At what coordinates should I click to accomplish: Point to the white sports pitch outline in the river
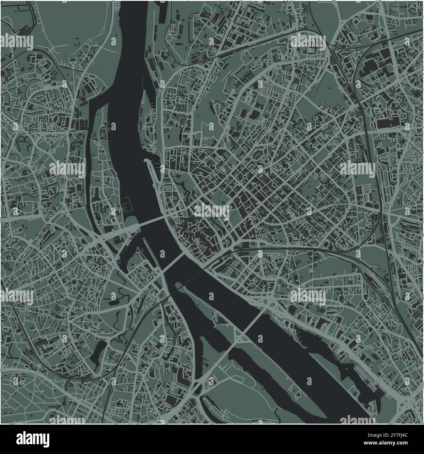(x=128, y=206)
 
